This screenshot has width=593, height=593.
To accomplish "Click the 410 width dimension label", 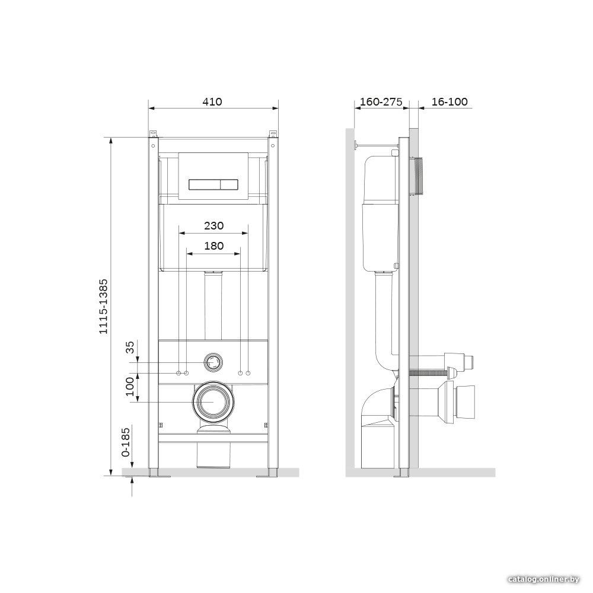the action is pos(212,102).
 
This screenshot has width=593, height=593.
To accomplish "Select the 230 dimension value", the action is pos(213,226).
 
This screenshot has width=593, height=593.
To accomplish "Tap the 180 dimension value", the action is pos(213,246).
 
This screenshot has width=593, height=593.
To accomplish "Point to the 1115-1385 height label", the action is pos(104,307).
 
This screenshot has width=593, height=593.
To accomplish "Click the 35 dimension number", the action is pos(130,347).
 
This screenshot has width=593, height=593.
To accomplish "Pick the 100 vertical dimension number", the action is pos(130,386).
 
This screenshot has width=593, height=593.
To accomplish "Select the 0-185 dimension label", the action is pos(126,442).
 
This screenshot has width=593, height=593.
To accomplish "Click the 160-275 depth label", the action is pos(381,102).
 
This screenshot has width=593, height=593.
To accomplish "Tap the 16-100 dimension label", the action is pos(449,102).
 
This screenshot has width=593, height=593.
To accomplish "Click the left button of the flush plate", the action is pos(204,184).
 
